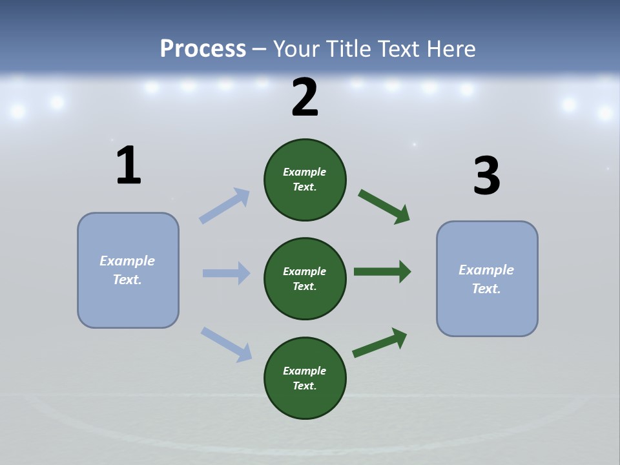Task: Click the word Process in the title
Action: [x=203, y=48]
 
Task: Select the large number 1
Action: [x=129, y=166]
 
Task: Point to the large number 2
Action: [x=305, y=98]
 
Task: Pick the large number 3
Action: [x=486, y=176]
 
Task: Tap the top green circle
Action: [x=305, y=180]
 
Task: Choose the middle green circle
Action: [x=305, y=278]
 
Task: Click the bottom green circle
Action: [x=305, y=378]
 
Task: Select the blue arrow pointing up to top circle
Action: [x=224, y=206]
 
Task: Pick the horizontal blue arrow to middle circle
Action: [x=226, y=273]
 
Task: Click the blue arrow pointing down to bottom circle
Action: [x=226, y=344]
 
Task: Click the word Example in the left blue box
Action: [x=127, y=261]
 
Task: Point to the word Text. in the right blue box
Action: [x=486, y=289]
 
